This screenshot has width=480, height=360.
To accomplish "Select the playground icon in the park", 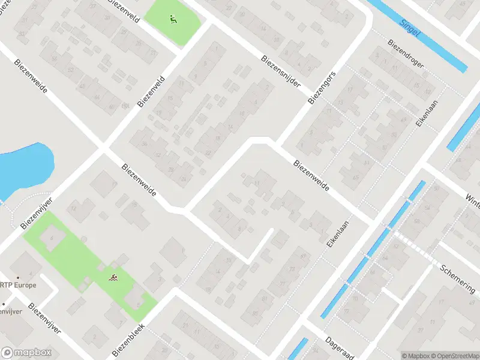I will pyautogui.click(x=173, y=19).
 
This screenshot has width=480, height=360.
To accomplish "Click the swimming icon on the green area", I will pyautogui.click(x=113, y=277).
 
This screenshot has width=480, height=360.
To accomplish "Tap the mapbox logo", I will pyautogui.click(x=26, y=353).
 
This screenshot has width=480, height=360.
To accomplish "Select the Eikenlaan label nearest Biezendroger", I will pyautogui.click(x=427, y=113).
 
